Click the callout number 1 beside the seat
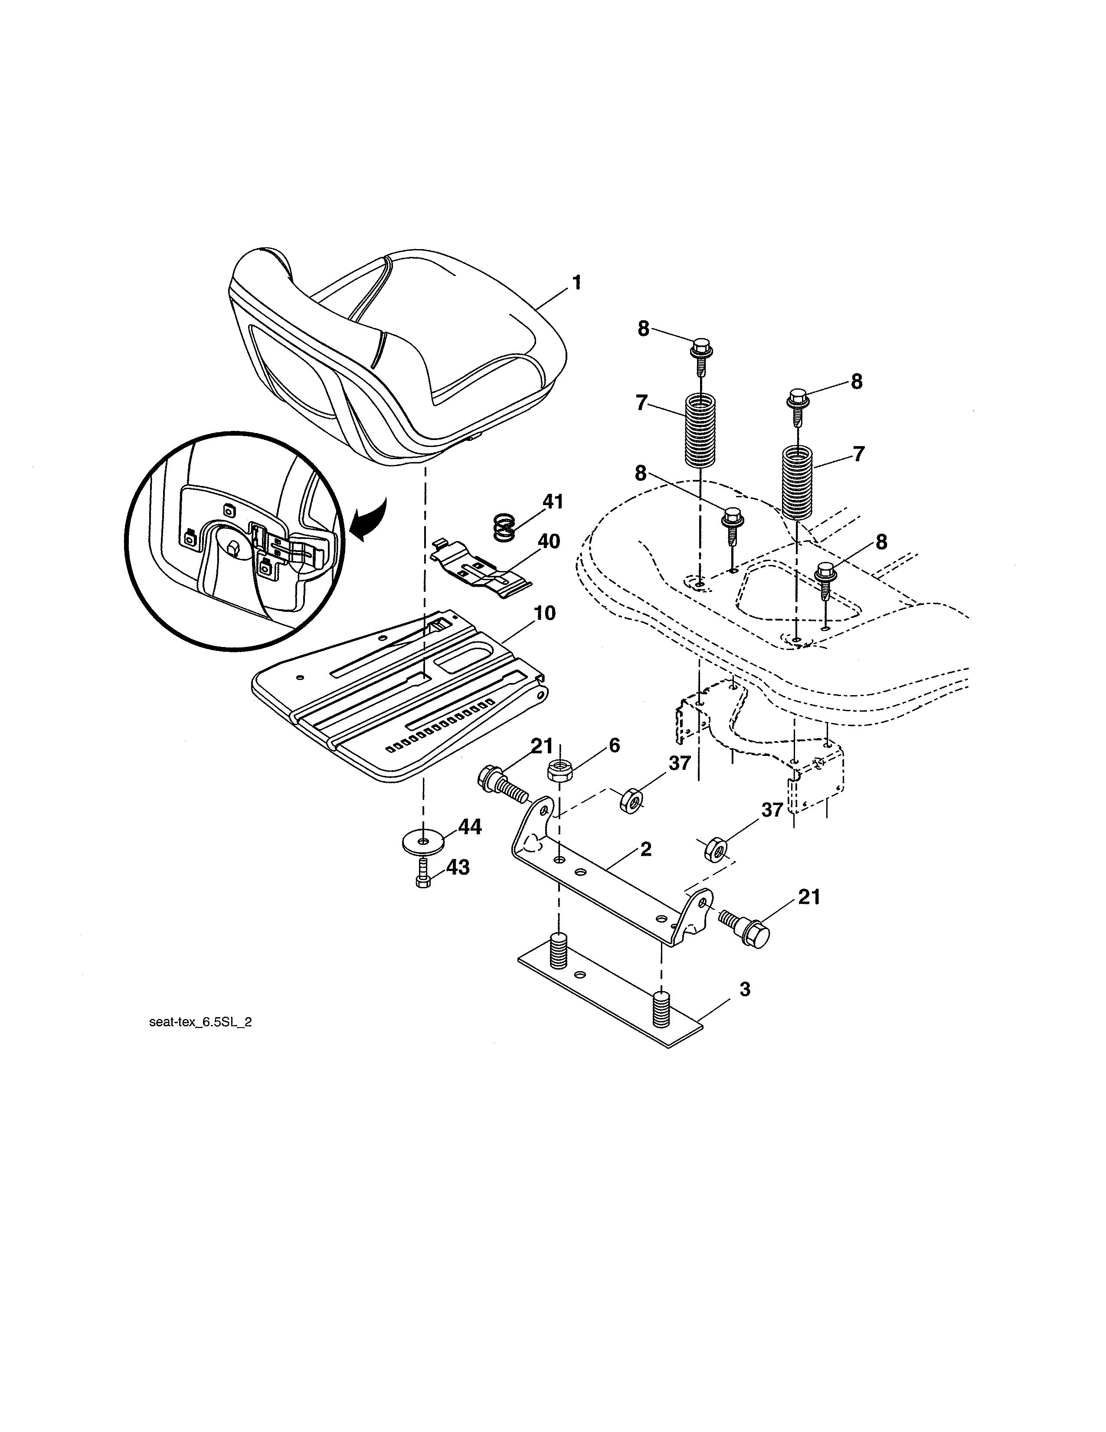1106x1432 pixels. (576, 283)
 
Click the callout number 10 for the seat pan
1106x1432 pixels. (544, 613)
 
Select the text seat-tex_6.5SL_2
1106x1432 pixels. (200, 1041)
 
